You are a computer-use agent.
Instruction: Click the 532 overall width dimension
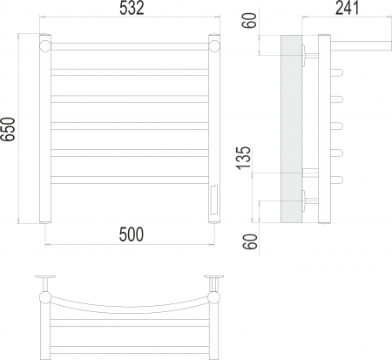[x=132, y=8]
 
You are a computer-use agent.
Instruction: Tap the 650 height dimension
[x=8, y=129]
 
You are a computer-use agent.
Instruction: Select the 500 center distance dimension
[x=132, y=234]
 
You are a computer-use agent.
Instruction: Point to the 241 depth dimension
[x=347, y=8]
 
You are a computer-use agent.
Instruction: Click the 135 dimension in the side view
[x=243, y=158]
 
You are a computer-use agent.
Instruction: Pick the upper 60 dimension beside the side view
[x=249, y=20]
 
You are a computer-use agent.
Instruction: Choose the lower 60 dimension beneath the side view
[x=250, y=241]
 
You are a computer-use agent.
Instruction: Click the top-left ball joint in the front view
[x=45, y=46]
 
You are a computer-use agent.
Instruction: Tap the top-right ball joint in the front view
[x=214, y=46]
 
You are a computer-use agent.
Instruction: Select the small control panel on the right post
[x=214, y=200]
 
